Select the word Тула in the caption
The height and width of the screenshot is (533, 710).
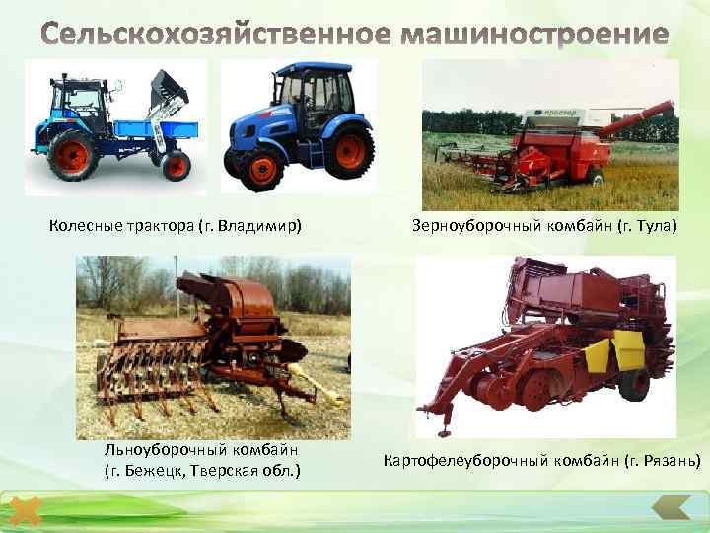point(654,227)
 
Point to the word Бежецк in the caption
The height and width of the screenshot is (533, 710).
point(158,468)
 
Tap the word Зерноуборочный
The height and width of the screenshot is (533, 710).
point(472,227)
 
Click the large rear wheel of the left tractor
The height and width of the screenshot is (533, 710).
point(74,155)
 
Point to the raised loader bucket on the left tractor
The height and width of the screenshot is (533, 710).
point(169,90)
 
